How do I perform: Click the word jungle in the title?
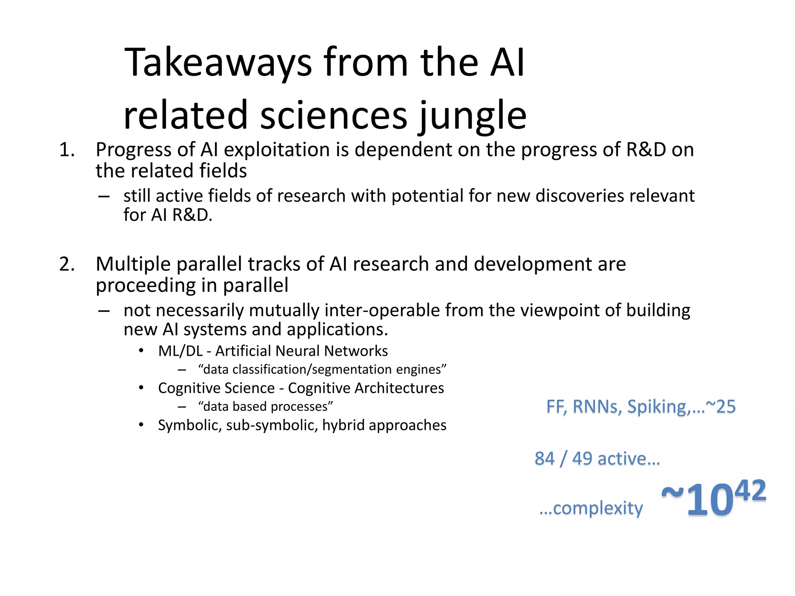[x=473, y=116]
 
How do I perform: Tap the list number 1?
[x=66, y=150]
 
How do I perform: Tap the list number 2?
[x=67, y=265]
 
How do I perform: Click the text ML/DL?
[x=180, y=351]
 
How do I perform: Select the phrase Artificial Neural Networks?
[x=302, y=351]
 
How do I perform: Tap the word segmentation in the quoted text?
[x=352, y=369]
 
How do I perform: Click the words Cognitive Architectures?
[x=366, y=388]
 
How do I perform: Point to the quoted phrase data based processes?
[x=266, y=407]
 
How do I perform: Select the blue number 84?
[x=544, y=459]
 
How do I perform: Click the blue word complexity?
[x=597, y=508]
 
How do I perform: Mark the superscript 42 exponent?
[x=750, y=491]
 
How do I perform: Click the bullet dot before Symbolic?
[x=141, y=425]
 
